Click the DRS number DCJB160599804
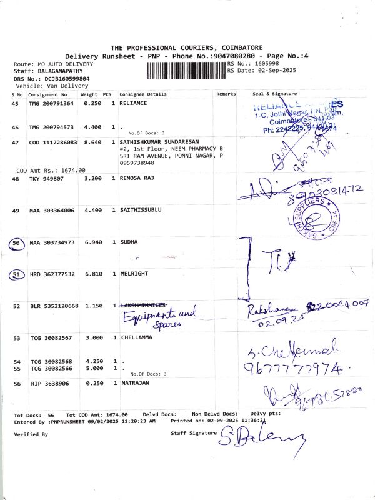click(x=62, y=79)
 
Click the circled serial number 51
click(x=17, y=274)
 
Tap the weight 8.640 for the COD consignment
click(x=92, y=142)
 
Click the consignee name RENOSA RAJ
click(x=136, y=178)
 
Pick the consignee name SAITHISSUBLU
click(x=141, y=210)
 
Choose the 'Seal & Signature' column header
click(x=274, y=94)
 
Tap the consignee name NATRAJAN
click(x=134, y=382)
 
